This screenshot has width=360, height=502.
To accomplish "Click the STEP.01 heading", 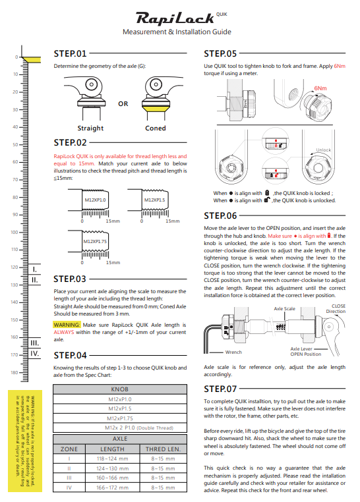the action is [x=70, y=53].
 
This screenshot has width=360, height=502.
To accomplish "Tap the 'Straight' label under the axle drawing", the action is [x=90, y=128].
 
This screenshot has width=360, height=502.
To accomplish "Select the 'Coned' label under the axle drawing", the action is [x=156, y=128].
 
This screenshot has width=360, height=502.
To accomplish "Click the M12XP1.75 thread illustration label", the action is [x=95, y=241].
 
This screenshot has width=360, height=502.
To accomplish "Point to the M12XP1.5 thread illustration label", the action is [x=154, y=200].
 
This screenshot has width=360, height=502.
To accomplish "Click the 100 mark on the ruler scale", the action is [x=15, y=232].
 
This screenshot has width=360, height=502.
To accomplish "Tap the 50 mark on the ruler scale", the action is [x=15, y=145].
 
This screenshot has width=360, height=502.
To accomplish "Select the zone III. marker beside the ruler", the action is [x=34, y=343].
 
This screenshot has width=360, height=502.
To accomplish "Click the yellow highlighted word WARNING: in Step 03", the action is [x=67, y=325].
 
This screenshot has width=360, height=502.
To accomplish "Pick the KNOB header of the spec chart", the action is [x=120, y=389].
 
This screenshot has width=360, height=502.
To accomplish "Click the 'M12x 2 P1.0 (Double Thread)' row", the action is [x=139, y=428].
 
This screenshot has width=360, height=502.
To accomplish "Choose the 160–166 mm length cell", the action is [x=113, y=478].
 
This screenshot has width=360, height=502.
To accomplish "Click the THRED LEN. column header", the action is [x=164, y=449].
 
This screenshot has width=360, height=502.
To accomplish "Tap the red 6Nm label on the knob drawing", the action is [x=320, y=88].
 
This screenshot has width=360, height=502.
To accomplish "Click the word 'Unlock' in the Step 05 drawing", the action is [x=324, y=150].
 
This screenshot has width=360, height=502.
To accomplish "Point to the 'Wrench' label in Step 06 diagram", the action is [x=233, y=352].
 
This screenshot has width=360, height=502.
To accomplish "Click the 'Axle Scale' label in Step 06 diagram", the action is [x=284, y=308].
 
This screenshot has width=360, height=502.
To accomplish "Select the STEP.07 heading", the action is [x=220, y=389].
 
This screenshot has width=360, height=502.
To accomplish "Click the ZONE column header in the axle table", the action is [x=69, y=449].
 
